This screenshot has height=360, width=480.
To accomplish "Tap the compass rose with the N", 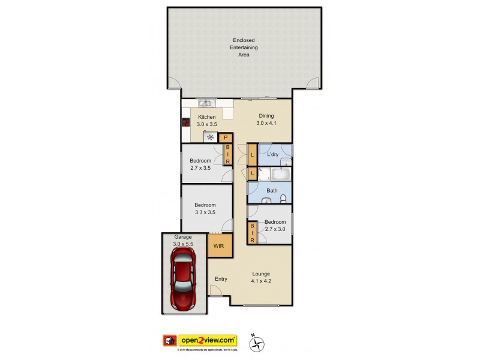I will click(259, 343).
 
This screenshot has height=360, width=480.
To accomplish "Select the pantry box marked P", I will click(225, 137).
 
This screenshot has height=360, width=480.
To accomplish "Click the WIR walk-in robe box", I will click(217, 246).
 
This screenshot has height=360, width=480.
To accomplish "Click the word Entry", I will click(221, 278).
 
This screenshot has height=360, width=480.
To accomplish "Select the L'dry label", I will click(272, 155).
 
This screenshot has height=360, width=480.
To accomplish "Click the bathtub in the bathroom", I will click(280, 175).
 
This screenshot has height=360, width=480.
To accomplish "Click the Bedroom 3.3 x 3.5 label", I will click(206, 208).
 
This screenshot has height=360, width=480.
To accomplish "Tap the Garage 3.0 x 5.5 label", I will click(182, 241).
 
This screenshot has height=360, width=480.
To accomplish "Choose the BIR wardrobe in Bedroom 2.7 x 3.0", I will click(253, 233).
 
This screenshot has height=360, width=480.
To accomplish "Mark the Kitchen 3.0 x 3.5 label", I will click(207, 120).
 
